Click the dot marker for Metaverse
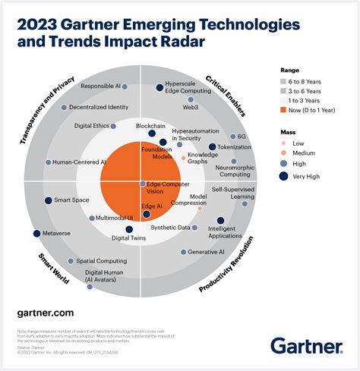pos(36,233)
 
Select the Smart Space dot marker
pos(47,200)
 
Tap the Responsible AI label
pos(101,86)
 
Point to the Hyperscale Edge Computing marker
pos(159,88)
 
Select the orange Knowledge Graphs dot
pos(183,159)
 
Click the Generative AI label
pos(206,251)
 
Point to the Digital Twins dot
pos(128,229)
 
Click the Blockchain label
pos(150,125)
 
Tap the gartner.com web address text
pos(45,312)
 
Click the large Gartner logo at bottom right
pos(307,345)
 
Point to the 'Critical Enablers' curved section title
pos(227,98)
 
